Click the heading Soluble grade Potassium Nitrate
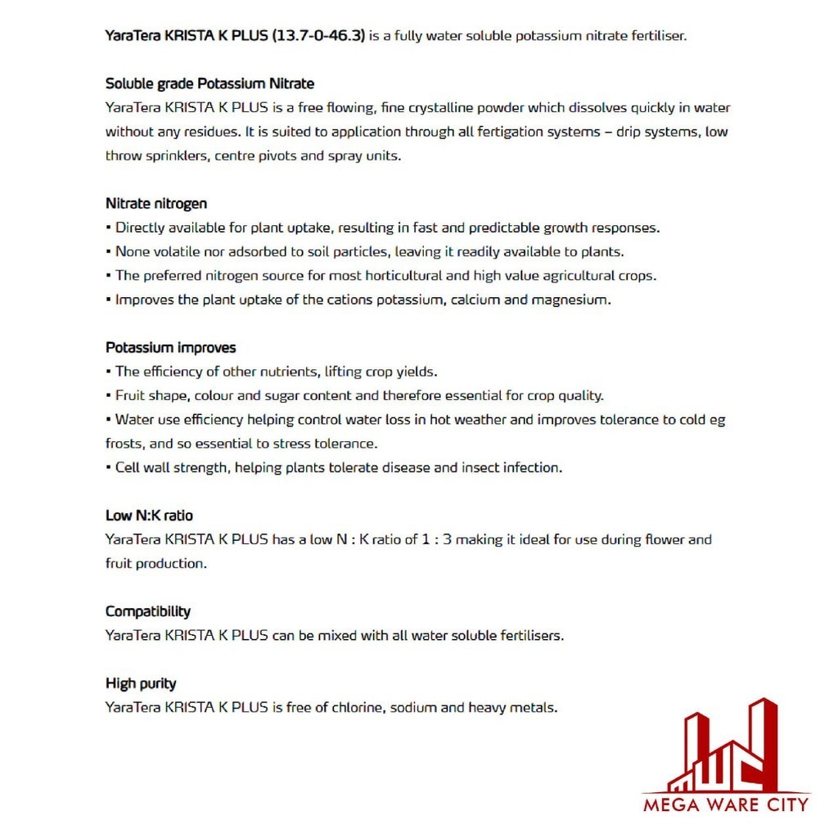pyautogui.click(x=209, y=83)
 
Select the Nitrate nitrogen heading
pyautogui.click(x=156, y=204)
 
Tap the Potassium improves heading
pyautogui.click(x=170, y=348)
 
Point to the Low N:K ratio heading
pyautogui.click(x=149, y=516)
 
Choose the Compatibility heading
pyautogui.click(x=147, y=611)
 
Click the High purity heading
pyautogui.click(x=141, y=683)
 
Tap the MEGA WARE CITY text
pyautogui.click(x=726, y=804)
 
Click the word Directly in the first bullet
pyautogui.click(x=141, y=228)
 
